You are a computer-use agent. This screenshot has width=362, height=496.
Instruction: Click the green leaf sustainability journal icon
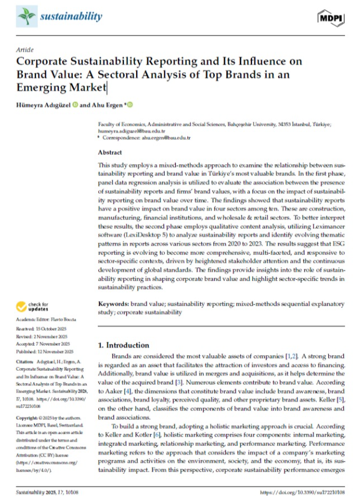(26, 17)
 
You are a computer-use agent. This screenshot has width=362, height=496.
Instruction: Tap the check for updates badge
(35, 306)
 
